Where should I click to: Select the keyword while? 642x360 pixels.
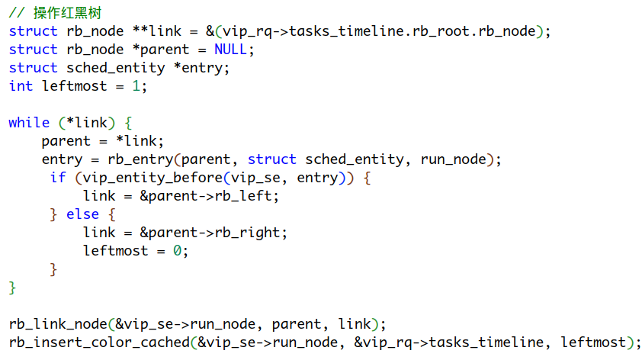coord(29,123)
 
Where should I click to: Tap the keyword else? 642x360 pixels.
coord(82,214)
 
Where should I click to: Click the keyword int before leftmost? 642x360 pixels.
coord(21,86)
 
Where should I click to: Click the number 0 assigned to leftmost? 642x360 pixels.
coord(177,251)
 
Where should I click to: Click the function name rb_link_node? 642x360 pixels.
coord(57,324)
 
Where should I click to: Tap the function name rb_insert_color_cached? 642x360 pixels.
coord(98,342)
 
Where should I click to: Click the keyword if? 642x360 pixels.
coord(58,178)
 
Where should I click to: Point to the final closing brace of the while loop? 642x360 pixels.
coord(12,288)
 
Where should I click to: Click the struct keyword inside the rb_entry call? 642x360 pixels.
coord(271,159)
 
